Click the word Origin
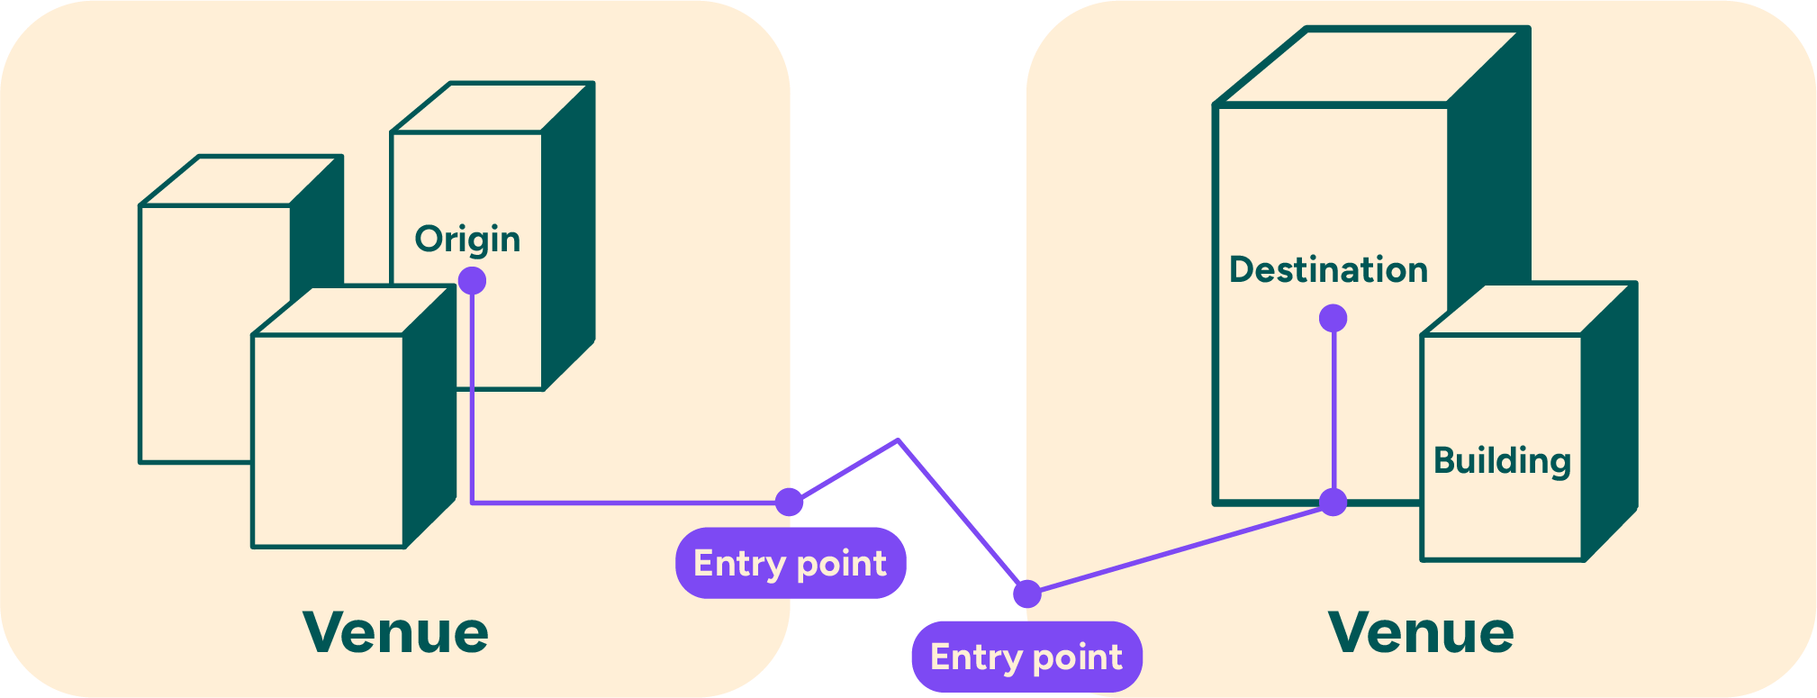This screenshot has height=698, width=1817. coord(467,240)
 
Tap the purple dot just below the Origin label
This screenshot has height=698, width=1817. coord(472,281)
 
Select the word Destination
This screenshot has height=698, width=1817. coord(1328,270)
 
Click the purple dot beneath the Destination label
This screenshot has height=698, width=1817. coord(1333,318)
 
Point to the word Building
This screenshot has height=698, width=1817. coord(1502,461)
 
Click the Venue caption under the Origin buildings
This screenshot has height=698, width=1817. coord(395,632)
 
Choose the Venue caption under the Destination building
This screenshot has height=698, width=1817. coord(1421,632)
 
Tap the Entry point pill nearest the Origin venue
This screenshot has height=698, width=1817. coord(791,564)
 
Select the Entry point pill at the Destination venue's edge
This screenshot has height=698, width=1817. coord(1026,657)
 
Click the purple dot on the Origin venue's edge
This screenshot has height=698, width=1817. coord(789,502)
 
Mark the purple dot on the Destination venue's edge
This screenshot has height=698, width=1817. coord(1026,594)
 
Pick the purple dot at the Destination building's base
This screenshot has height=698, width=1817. coord(1333,502)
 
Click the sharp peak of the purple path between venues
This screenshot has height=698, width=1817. coord(898,440)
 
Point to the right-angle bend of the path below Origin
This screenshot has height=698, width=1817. coord(473,502)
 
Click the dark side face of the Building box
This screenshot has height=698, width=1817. coord(1609,423)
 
